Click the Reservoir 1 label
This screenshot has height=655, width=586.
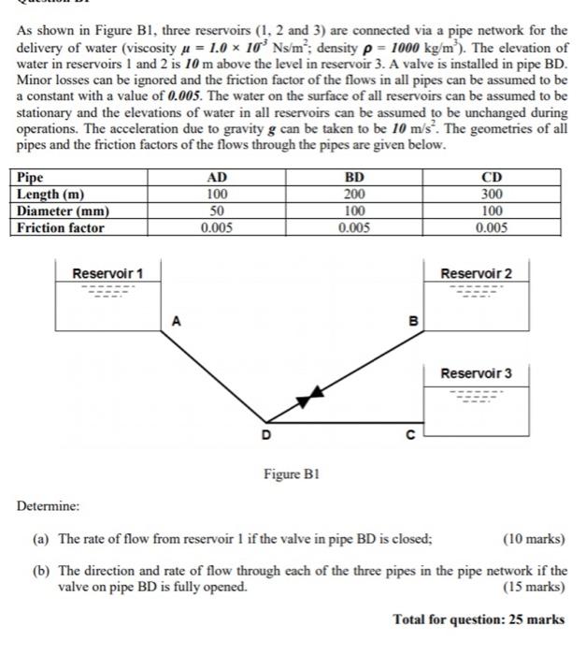pyautogui.click(x=108, y=273)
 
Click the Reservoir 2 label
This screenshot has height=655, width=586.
pyautogui.click(x=477, y=273)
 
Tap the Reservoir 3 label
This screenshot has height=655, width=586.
pyautogui.click(x=477, y=373)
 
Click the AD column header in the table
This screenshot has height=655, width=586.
pyautogui.click(x=216, y=177)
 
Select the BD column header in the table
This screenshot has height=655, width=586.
pyautogui.click(x=355, y=177)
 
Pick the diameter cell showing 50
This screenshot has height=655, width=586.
pyautogui.click(x=216, y=211)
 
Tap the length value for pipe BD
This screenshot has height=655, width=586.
pyautogui.click(x=355, y=194)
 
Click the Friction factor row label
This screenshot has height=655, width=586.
pyautogui.click(x=62, y=227)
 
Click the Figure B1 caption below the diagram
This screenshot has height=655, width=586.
pyautogui.click(x=293, y=474)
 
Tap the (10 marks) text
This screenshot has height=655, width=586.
pyautogui.click(x=534, y=539)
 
